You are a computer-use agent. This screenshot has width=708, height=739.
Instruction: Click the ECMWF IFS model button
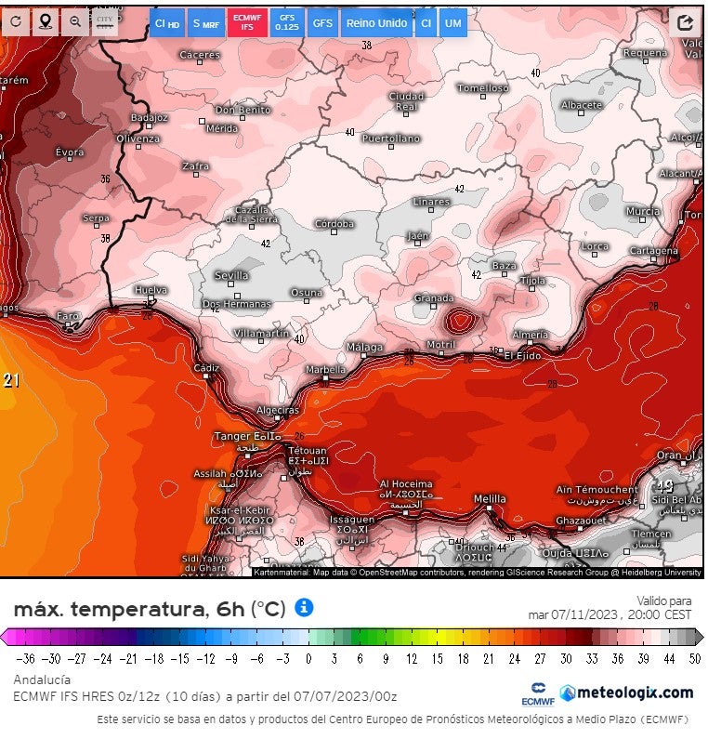click(x=247, y=22)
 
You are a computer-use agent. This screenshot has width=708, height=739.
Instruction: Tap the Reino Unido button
click(x=376, y=22)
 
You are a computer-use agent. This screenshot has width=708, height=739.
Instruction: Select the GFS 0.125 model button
click(x=287, y=22)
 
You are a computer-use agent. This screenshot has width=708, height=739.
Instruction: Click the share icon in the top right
click(x=686, y=22)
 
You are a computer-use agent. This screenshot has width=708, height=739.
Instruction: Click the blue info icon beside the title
click(x=304, y=607)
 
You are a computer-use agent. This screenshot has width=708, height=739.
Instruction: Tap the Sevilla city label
click(x=231, y=275)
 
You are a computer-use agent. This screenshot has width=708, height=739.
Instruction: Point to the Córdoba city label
click(x=334, y=224)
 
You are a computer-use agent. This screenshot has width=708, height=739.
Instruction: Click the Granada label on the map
click(x=433, y=298)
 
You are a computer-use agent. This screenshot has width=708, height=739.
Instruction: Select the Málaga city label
click(x=364, y=348)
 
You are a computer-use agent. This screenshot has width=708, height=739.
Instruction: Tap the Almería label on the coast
click(x=530, y=335)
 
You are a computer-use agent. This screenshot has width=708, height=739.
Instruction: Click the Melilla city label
click(x=490, y=499)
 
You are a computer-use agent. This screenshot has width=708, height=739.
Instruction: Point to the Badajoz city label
click(x=150, y=118)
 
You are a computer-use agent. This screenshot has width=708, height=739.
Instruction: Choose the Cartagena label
click(x=654, y=251)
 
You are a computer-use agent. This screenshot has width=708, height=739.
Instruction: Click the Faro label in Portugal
click(x=69, y=316)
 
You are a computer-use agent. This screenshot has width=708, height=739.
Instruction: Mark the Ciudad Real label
click(x=406, y=101)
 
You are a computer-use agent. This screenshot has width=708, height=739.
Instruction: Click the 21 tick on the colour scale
click(x=488, y=658)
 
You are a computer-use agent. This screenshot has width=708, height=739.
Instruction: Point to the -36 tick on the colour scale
click(x=25, y=658)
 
